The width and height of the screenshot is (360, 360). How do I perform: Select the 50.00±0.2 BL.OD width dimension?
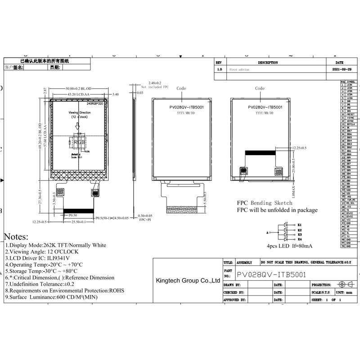pyautogui.click(x=79, y=89)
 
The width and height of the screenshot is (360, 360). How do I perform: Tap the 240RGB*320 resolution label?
pyautogui.click(x=94, y=103)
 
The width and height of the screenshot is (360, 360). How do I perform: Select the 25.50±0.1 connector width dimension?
pyautogui.click(x=79, y=222)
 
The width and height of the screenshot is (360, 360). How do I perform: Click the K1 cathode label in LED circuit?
pyautogui.click(x=299, y=225)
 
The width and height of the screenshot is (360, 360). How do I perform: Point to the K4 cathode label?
pyautogui.click(x=299, y=239)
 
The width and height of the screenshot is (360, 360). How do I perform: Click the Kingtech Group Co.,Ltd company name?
pyautogui.click(x=188, y=280)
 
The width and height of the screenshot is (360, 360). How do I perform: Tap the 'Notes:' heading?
pyautogui.click(x=16, y=237)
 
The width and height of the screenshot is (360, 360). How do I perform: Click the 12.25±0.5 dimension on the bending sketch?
pyautogui.click(x=299, y=148)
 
